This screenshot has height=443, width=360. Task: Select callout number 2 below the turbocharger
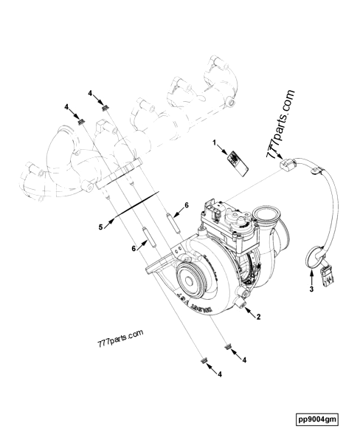pos(257,317)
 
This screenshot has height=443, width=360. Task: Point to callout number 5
pos(100,227)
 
